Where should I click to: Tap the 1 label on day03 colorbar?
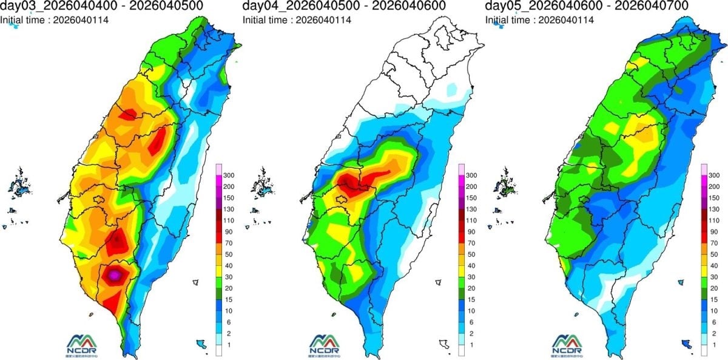(x=231, y=345)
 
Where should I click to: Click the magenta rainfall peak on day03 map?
(x=114, y=275)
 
